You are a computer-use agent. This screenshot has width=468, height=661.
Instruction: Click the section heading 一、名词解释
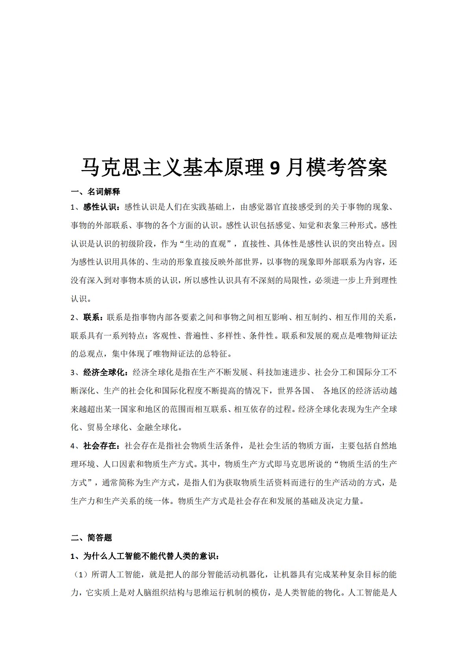[x=96, y=192]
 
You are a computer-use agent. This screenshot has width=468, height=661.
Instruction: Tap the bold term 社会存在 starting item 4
[x=100, y=446]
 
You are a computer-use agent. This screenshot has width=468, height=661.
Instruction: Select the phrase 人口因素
[x=119, y=464]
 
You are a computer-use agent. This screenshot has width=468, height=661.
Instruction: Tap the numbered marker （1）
[x=80, y=575]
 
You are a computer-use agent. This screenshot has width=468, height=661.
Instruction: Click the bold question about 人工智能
[x=146, y=557]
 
